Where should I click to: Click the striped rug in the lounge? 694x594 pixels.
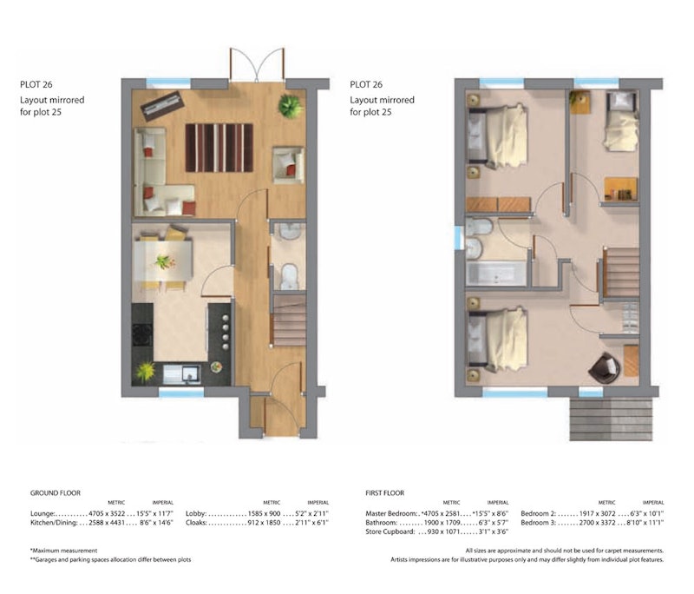tap(219, 148)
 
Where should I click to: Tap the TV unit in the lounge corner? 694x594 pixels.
tap(162, 106)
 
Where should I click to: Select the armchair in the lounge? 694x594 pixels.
tap(289, 165)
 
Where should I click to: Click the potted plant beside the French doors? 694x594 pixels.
tap(291, 106)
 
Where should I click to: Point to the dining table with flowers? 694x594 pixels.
tap(163, 261)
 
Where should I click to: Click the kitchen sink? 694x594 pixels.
tap(182, 373)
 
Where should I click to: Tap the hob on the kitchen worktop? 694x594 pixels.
tap(142, 334)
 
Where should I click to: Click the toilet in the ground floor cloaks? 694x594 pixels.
tap(290, 276)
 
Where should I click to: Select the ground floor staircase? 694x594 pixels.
tap(290, 320)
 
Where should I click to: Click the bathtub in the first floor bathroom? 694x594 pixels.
tap(496, 274)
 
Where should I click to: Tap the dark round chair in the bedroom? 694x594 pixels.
tap(605, 367)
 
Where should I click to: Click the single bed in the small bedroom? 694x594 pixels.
tap(622, 121)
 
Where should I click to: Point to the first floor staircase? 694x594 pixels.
tap(621, 273)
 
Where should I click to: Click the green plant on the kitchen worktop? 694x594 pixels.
tap(145, 372)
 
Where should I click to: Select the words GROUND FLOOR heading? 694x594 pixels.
tap(56, 492)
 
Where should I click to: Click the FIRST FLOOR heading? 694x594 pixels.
tap(384, 492)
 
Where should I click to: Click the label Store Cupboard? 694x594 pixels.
tap(390, 531)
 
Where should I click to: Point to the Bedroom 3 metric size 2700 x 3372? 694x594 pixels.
tap(597, 523)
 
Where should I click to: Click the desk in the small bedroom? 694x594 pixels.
tap(621, 188)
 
